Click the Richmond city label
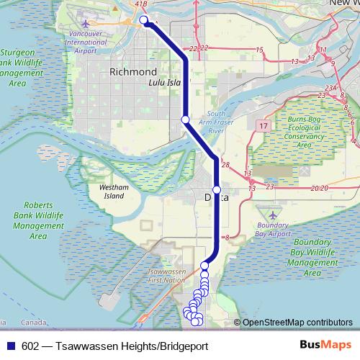pyautogui.click(x=133, y=72)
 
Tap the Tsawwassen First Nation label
pyautogui.click(x=166, y=276)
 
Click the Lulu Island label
pyautogui.click(x=163, y=83)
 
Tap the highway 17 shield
pyautogui.click(x=260, y=125)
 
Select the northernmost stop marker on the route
pyautogui.click(x=144, y=20)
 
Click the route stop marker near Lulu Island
pyautogui.click(x=185, y=119)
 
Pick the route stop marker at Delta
pyautogui.click(x=216, y=189)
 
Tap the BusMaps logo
pyautogui.click(x=324, y=345)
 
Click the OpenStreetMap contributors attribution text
pyautogui.click(x=297, y=322)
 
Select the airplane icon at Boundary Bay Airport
pyautogui.click(x=272, y=215)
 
